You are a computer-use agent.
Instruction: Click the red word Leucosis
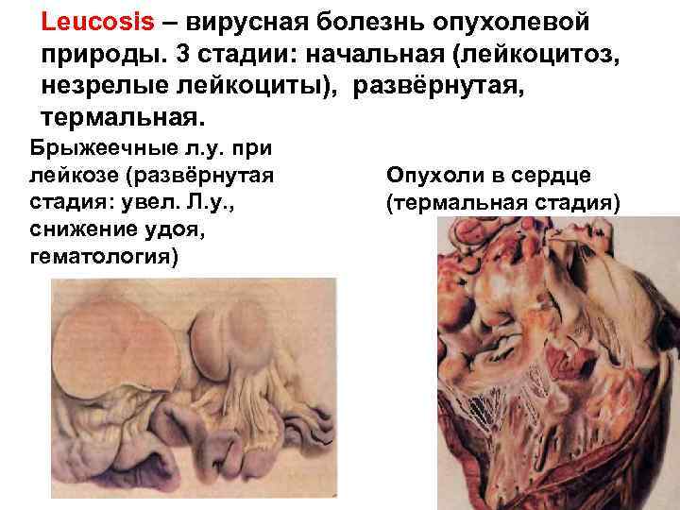tap(91, 21)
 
